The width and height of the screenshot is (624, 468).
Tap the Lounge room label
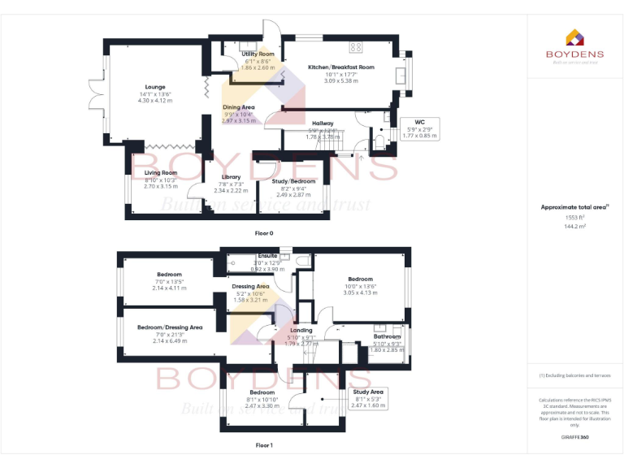click(155, 87)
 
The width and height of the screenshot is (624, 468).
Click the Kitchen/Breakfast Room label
click(340, 67)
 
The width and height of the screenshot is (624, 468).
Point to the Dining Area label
click(238, 107)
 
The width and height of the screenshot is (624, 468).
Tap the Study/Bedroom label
click(294, 181)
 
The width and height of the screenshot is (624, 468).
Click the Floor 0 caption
click(264, 233)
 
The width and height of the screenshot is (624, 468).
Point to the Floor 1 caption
click(264, 445)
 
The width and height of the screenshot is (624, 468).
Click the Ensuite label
click(266, 256)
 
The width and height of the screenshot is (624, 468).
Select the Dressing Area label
click(250, 286)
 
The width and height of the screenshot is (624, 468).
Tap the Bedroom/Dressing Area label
click(170, 327)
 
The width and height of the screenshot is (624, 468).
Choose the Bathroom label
click(387, 336)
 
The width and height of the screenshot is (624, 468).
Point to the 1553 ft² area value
click(574, 218)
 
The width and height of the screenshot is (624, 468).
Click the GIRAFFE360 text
click(574, 439)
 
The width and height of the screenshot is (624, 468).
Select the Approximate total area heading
click(574, 207)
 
